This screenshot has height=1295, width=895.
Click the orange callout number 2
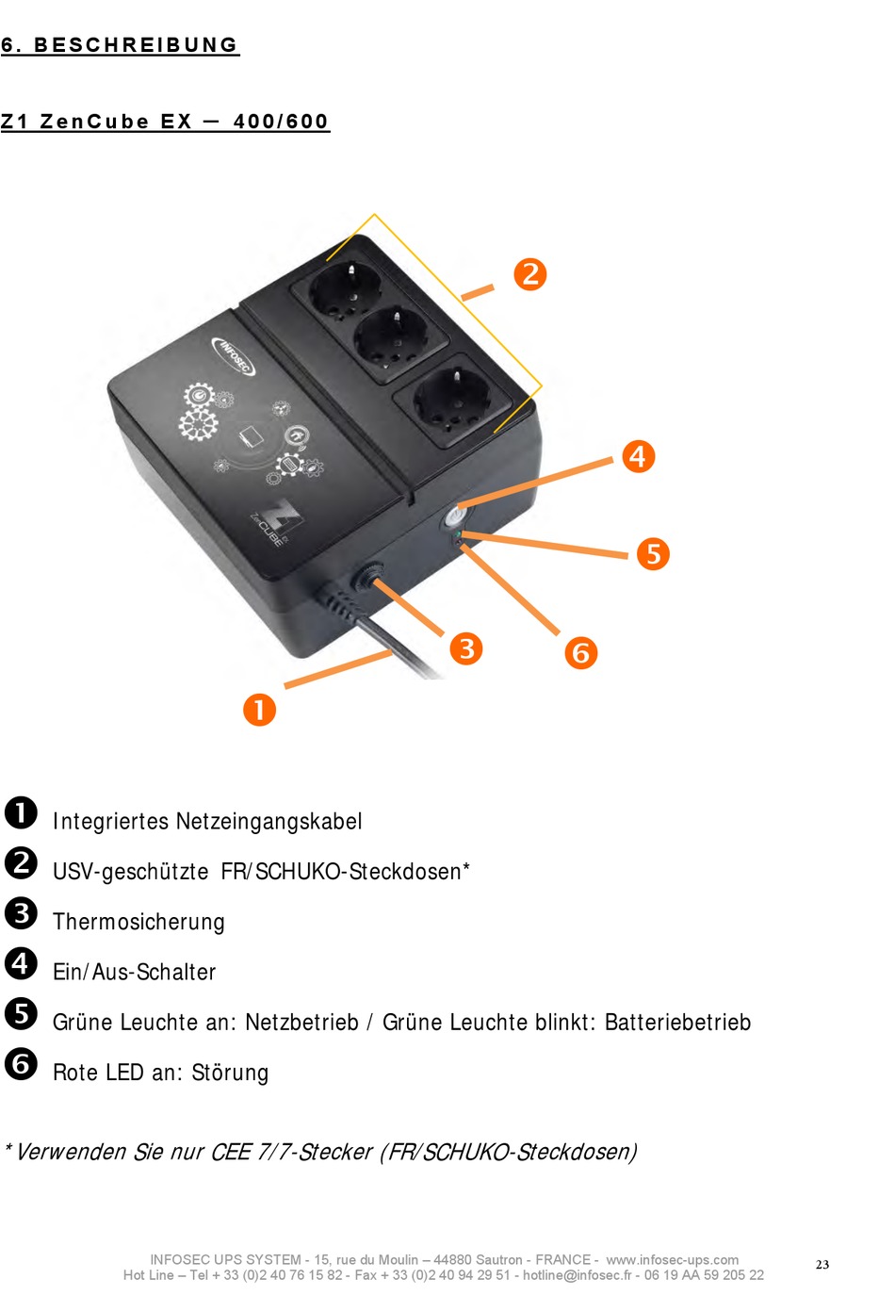(x=530, y=274)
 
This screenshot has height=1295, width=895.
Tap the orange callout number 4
(x=639, y=457)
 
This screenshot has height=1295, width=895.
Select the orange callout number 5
(x=653, y=554)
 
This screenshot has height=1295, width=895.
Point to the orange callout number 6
(x=581, y=652)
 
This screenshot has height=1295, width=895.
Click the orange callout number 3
(x=466, y=648)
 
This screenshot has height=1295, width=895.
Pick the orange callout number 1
(x=259, y=710)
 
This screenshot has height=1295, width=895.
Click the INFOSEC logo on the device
(x=234, y=355)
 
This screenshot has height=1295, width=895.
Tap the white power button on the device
(x=456, y=517)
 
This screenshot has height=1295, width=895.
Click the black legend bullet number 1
(x=21, y=812)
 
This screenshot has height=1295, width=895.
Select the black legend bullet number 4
(x=21, y=963)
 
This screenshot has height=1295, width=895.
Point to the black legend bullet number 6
(x=21, y=1064)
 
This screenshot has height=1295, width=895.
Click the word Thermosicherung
(x=138, y=922)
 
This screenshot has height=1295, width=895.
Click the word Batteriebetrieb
(x=677, y=1023)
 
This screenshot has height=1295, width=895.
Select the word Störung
(x=230, y=1073)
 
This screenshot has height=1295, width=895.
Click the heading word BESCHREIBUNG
(x=136, y=45)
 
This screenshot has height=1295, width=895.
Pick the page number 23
(x=822, y=1265)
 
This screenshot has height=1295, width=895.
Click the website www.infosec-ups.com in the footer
(x=672, y=1260)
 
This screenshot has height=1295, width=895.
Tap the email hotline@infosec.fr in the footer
(x=578, y=1275)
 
